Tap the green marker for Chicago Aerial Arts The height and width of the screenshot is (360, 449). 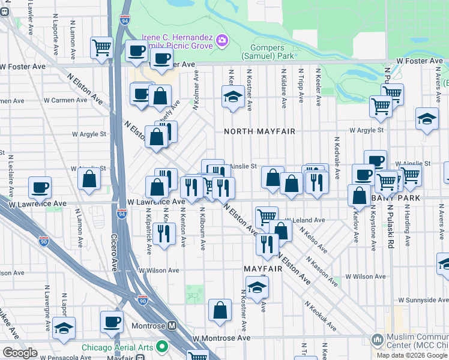click(161, 346)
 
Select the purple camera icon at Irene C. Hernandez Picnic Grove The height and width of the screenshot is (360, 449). click(222, 40)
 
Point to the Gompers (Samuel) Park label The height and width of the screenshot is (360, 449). click(267, 52)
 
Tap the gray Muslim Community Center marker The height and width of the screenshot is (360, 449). click(378, 340)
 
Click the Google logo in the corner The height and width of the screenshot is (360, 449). click(20, 353)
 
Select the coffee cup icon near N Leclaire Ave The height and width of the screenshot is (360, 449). click(40, 188)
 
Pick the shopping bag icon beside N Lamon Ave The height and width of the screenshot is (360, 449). click(89, 178)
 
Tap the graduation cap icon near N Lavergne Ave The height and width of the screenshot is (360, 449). click(64, 328)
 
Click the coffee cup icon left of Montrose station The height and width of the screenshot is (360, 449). click(112, 322)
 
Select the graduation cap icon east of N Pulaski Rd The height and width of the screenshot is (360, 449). click(427, 118)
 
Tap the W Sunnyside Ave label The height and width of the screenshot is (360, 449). click(423, 299)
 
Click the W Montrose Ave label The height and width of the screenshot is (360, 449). click(222, 338)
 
